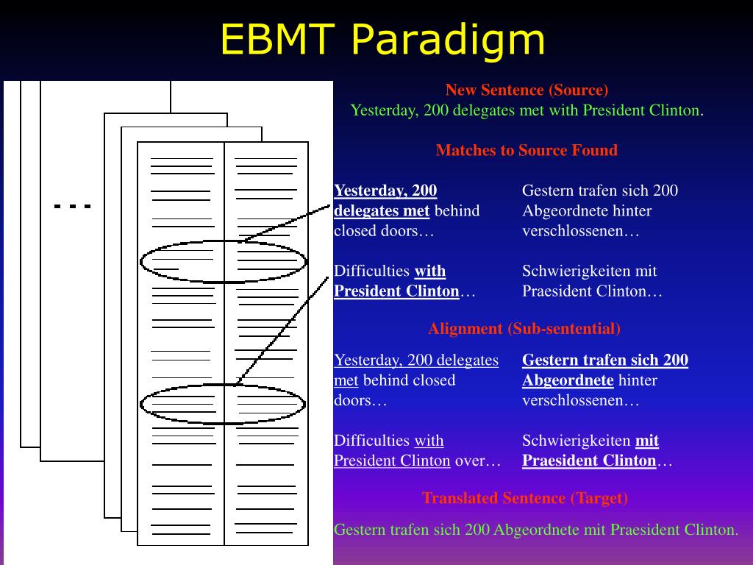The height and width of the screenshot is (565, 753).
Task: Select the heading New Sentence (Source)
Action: [x=527, y=90]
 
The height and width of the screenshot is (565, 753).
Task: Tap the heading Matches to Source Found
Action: [x=527, y=151]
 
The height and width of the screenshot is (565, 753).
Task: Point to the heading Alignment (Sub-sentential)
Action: [x=524, y=329]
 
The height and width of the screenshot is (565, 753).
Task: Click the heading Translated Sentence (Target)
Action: [x=525, y=498]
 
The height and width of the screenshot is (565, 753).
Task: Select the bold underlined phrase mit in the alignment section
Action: [x=647, y=441]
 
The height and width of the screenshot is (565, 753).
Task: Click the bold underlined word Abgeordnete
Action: [x=568, y=380]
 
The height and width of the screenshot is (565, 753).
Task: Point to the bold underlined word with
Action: [x=430, y=271]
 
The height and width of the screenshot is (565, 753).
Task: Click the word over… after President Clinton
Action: [x=478, y=461]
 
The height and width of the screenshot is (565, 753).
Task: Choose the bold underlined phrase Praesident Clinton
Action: [x=589, y=461]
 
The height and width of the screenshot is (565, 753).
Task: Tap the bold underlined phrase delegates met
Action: [x=382, y=211]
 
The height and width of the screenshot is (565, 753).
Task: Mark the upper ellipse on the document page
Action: [x=223, y=261]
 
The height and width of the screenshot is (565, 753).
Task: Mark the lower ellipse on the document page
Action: [x=222, y=404]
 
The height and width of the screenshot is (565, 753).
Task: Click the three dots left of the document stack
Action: [x=72, y=207]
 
